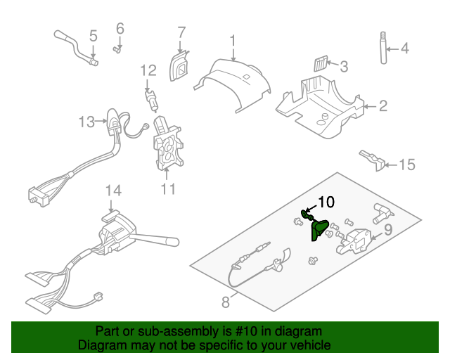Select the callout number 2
[x=383, y=107]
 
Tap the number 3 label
[x=343, y=67]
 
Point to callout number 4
[x=404, y=49]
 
